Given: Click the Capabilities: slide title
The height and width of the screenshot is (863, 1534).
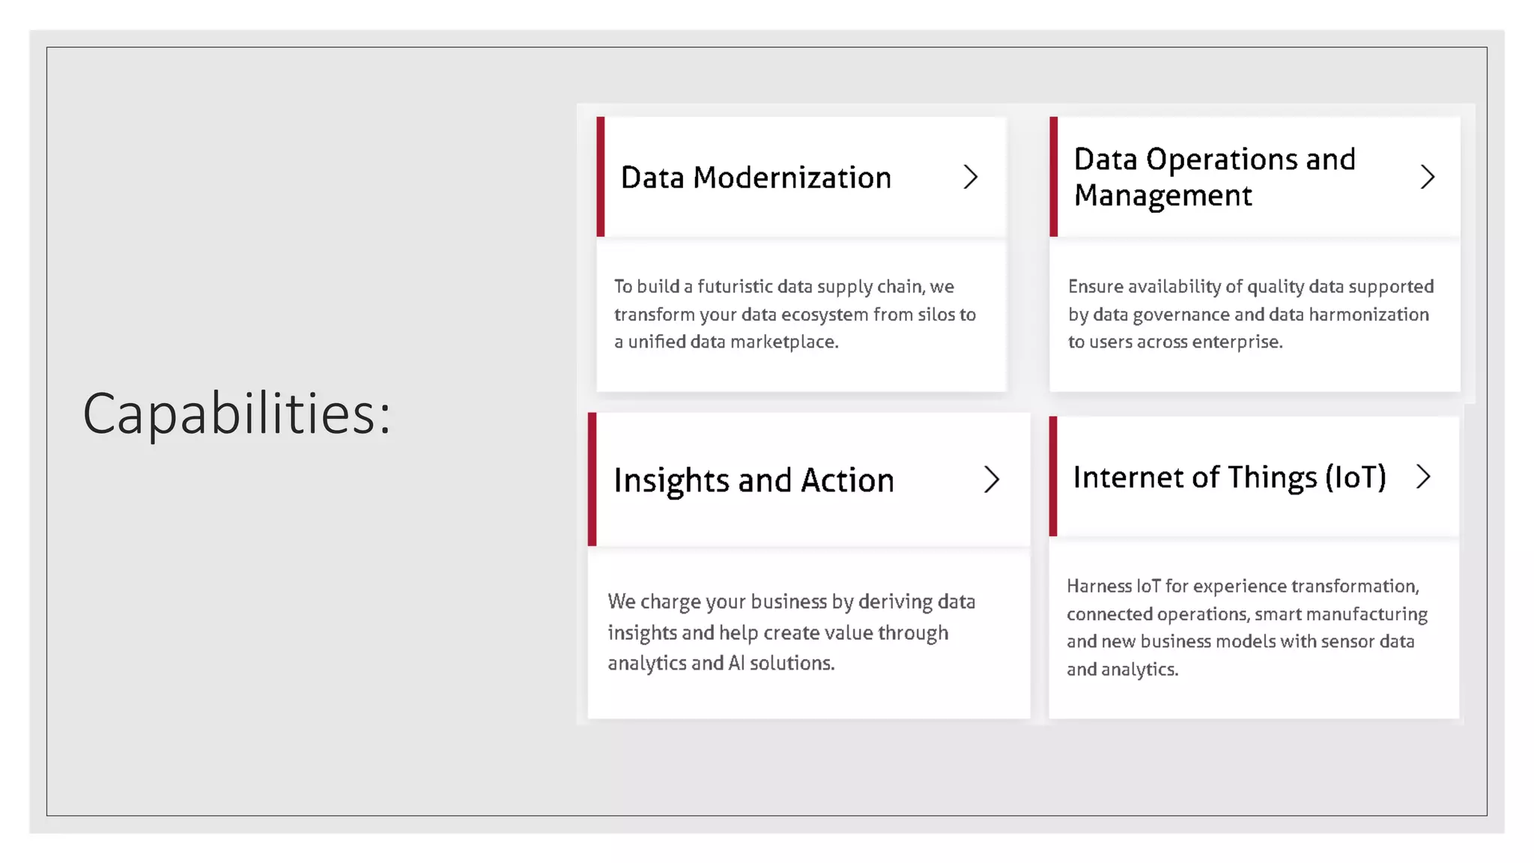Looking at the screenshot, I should pyautogui.click(x=237, y=414).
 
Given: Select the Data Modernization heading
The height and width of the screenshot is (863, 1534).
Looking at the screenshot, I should pyautogui.click(x=756, y=178).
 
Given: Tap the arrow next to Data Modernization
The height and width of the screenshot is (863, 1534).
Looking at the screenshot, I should pyautogui.click(x=971, y=178).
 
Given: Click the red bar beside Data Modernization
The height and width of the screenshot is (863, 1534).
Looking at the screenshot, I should pyautogui.click(x=601, y=177).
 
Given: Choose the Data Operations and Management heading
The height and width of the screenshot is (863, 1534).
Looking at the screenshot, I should pyautogui.click(x=1214, y=178).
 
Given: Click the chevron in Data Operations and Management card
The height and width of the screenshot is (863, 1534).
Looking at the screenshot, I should pyautogui.click(x=1428, y=178).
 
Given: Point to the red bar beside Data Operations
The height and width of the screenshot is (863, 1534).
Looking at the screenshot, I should pyautogui.click(x=1054, y=177).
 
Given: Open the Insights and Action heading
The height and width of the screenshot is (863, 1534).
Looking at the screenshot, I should pyautogui.click(x=754, y=480).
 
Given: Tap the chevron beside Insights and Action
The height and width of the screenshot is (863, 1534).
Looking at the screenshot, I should pyautogui.click(x=992, y=479).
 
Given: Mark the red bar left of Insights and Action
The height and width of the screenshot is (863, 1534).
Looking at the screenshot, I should pyautogui.click(x=592, y=479).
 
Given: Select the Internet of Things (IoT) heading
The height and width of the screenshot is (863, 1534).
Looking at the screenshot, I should pyautogui.click(x=1229, y=477).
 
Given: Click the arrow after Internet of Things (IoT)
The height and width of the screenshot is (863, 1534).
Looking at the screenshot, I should pyautogui.click(x=1424, y=476).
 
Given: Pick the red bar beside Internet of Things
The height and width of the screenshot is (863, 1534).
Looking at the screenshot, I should pyautogui.click(x=1053, y=476).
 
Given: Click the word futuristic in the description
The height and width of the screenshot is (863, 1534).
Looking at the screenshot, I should pyautogui.click(x=735, y=287).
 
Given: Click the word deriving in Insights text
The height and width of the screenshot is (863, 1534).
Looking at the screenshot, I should pyautogui.click(x=895, y=602).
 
